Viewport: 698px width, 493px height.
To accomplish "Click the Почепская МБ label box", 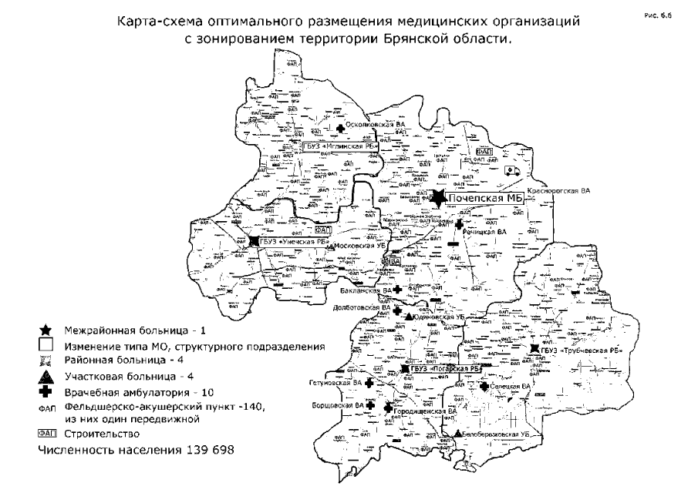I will point(487,200).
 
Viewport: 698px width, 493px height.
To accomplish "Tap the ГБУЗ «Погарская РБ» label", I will point(446,369).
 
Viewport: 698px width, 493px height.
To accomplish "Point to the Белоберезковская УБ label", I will point(497,434).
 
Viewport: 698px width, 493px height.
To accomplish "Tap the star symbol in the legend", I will point(46,330).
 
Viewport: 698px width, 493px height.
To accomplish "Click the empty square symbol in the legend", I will point(46,346).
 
